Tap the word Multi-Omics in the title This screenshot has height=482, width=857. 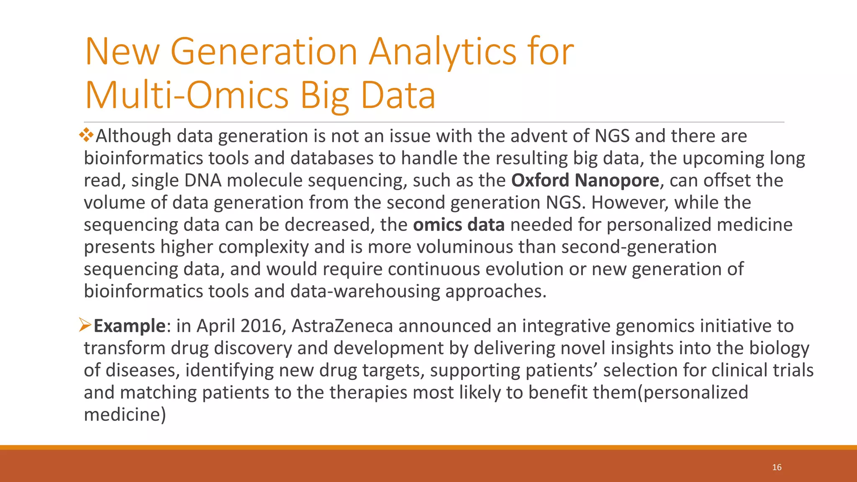pyautogui.click(x=187, y=95)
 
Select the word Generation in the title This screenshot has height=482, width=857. pyautogui.click(x=264, y=52)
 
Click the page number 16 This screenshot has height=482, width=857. pyautogui.click(x=777, y=467)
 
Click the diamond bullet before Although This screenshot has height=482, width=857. pyautogui.click(x=87, y=135)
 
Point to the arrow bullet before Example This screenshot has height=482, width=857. pyautogui.click(x=85, y=325)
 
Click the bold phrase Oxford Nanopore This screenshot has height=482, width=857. pyautogui.click(x=585, y=180)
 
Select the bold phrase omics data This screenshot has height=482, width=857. pyautogui.click(x=459, y=225)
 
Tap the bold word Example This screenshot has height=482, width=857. pyautogui.click(x=129, y=326)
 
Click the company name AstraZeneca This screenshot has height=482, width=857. pyautogui.click(x=342, y=326)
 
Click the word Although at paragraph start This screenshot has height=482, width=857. pyautogui.click(x=133, y=136)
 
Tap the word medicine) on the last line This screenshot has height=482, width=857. pyautogui.click(x=125, y=415)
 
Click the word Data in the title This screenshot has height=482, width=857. pyautogui.click(x=398, y=95)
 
